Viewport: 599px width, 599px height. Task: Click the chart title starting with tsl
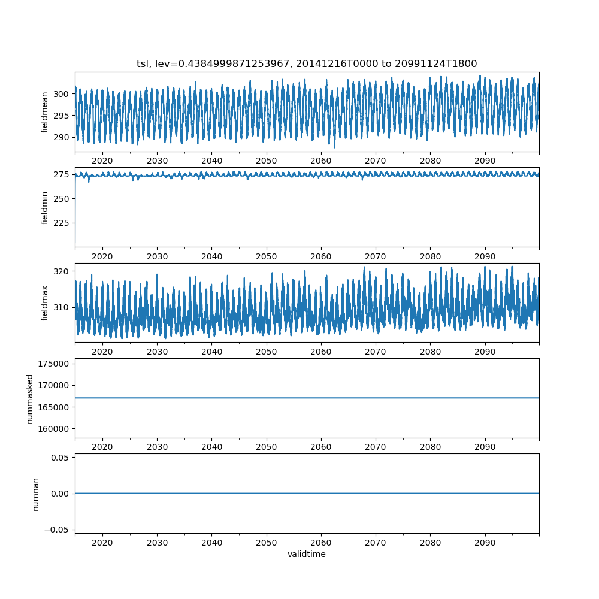[307, 63]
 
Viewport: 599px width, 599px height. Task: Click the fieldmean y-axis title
[44, 112]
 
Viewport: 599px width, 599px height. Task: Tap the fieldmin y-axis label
[44, 207]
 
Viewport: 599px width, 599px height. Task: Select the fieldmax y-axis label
[44, 302]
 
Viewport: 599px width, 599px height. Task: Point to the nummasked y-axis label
[29, 398]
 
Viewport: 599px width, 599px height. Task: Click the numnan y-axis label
[35, 494]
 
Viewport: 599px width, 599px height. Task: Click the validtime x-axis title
[307, 554]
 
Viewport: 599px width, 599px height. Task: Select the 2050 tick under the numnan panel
[267, 543]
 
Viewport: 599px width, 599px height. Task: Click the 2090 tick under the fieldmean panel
[485, 161]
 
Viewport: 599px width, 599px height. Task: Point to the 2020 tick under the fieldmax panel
[102, 352]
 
